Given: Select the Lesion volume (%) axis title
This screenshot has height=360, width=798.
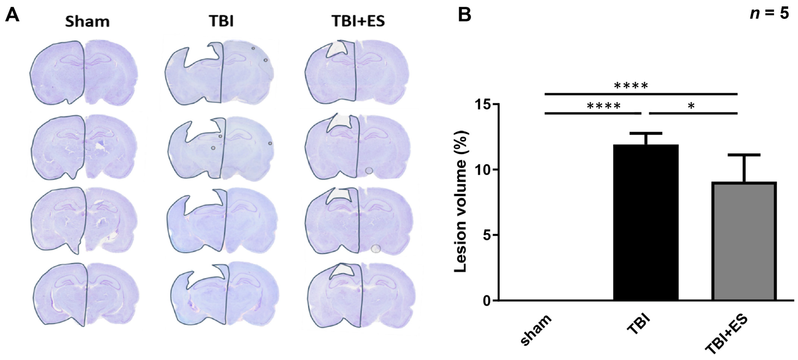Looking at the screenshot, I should [461, 202].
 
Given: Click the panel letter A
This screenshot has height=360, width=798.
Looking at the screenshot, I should [12, 15].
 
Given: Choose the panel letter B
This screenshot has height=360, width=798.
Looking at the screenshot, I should [464, 15].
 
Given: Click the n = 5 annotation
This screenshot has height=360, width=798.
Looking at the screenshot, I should [769, 14].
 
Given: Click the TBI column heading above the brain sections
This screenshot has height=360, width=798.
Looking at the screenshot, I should [221, 21].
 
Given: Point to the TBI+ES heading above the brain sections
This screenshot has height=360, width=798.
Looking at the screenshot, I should [358, 21].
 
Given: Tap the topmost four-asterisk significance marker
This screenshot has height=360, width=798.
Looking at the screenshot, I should [631, 86].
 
